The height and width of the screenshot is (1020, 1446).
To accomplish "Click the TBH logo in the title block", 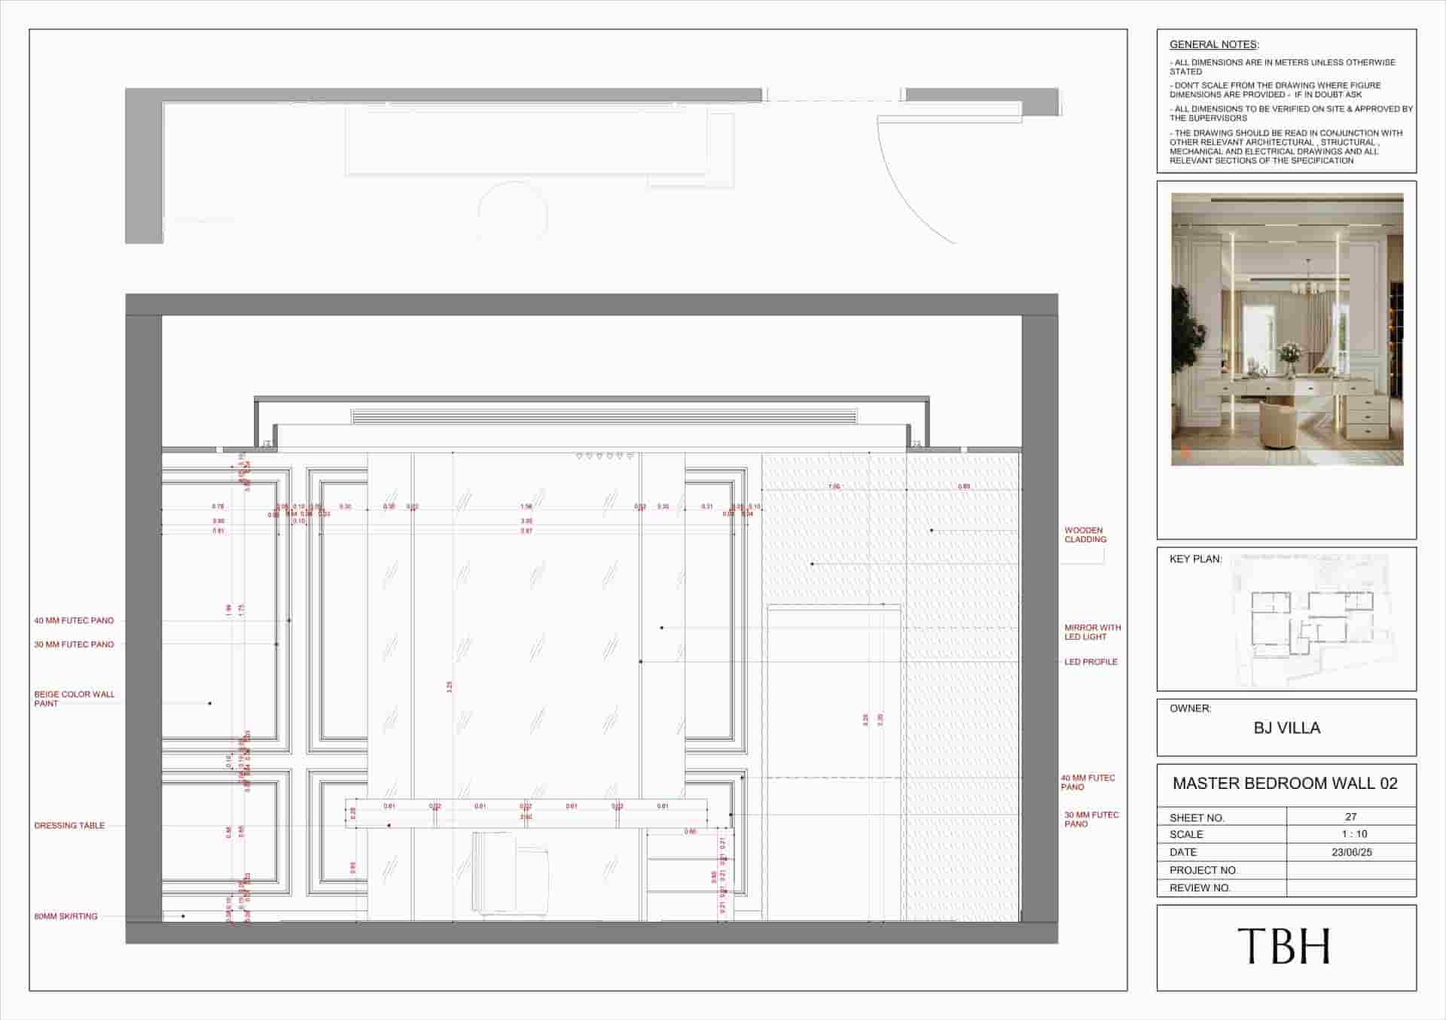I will click(1285, 946).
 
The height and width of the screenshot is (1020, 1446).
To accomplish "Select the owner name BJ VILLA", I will click(1286, 728).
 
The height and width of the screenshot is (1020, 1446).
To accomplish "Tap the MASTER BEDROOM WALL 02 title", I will click(1285, 784).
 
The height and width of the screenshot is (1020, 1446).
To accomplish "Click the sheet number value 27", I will click(1350, 817).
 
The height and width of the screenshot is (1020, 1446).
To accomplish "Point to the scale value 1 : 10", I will click(1353, 834).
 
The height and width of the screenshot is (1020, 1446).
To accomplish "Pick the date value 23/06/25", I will click(1352, 852).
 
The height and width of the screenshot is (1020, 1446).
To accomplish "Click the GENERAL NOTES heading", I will click(1213, 45).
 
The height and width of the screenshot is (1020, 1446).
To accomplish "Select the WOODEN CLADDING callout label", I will click(1084, 534).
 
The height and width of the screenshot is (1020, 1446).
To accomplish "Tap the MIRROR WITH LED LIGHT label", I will click(1092, 632).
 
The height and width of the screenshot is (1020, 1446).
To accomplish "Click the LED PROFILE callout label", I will click(1091, 662).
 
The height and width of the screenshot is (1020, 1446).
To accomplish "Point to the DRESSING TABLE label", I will click(69, 826).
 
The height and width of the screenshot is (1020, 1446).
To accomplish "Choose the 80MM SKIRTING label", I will click(66, 916).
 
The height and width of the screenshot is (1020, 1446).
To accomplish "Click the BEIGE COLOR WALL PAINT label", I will click(74, 699).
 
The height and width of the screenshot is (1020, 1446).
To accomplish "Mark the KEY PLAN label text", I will click(1195, 559).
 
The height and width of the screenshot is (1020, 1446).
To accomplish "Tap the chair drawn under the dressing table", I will click(509, 874).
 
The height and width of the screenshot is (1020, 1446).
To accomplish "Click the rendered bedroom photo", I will click(1286, 329).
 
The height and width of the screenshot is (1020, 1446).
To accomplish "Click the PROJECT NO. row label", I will click(1203, 870).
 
